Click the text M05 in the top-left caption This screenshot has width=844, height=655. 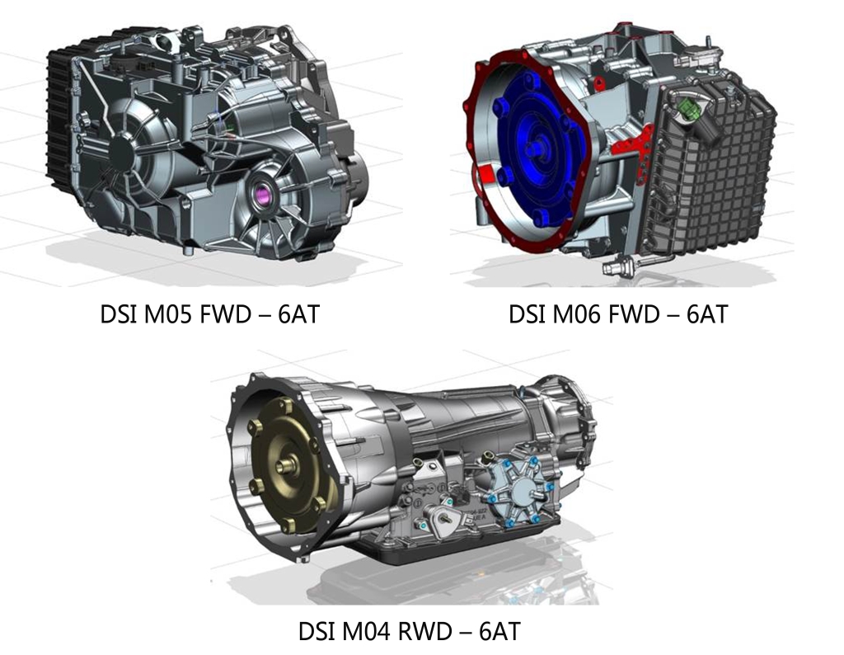click(x=167, y=314)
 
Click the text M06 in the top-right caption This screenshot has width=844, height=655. click(x=576, y=314)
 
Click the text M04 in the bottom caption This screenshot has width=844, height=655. click(x=365, y=631)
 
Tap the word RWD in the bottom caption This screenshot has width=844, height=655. click(x=424, y=631)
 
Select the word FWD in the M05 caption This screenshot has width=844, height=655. click(x=226, y=314)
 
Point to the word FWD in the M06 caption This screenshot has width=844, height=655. click(x=634, y=314)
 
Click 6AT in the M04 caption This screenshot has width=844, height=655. click(x=500, y=631)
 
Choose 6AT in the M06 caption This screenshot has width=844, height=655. click(x=707, y=314)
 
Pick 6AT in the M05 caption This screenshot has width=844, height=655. click(x=298, y=314)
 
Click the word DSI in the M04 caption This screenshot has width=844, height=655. click(x=316, y=631)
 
